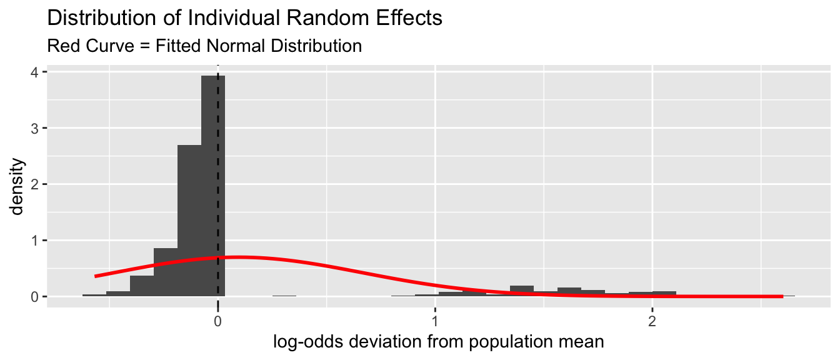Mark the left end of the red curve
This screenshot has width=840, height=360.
(96, 276)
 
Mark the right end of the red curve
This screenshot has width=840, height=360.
(782, 296)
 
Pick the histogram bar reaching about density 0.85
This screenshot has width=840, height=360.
(166, 272)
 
